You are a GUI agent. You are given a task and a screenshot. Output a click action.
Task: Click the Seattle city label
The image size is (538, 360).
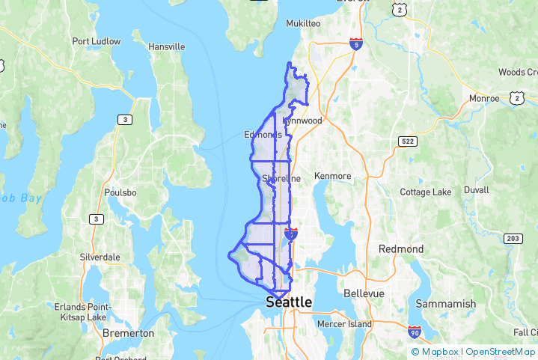289,302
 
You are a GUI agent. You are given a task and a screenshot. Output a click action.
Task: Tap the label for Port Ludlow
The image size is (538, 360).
96,41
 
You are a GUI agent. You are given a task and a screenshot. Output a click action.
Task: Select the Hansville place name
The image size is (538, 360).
166,46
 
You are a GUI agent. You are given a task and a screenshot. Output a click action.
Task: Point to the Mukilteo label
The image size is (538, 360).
303,23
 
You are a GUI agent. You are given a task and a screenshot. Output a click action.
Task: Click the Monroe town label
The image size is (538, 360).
483,98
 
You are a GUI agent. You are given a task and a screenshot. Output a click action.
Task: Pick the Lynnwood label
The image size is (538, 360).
303,120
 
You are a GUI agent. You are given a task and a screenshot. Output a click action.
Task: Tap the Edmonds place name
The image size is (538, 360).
263,135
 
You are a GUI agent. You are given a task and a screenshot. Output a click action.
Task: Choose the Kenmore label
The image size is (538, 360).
333,176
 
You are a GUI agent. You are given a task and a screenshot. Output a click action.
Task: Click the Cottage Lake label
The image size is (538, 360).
426,192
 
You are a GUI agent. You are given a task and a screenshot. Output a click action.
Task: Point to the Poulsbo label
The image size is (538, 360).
122,192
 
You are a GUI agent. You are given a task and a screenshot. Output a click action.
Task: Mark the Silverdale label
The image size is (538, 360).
100,256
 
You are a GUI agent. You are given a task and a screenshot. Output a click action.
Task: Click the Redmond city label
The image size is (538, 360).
401,248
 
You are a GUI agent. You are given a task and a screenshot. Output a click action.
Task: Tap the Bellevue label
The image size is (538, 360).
364,293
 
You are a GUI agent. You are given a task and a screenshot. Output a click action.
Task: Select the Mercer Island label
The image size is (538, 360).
344,324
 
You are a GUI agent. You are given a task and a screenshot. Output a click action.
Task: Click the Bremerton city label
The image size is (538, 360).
128,332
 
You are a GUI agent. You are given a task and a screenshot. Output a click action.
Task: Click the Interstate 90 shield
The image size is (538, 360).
415,331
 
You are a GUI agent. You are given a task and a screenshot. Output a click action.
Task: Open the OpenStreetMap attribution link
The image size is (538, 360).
501,352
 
